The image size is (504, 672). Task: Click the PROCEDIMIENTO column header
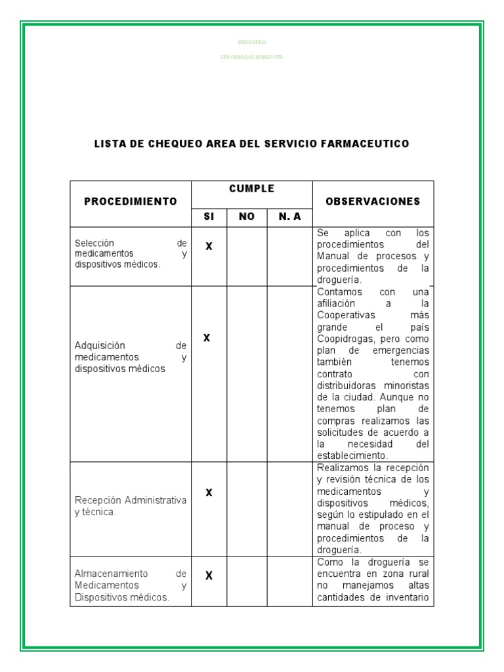(131, 201)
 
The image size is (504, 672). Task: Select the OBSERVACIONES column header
(373, 201)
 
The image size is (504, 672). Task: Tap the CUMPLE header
(251, 189)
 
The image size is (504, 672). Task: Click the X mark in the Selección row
(209, 246)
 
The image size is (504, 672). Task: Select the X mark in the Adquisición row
(207, 338)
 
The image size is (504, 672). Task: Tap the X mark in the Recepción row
(209, 492)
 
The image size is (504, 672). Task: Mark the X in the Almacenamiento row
(209, 576)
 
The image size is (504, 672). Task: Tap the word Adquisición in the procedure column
(99, 345)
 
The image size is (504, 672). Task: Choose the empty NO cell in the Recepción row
(247, 509)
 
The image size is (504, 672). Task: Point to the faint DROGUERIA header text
(251, 42)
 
